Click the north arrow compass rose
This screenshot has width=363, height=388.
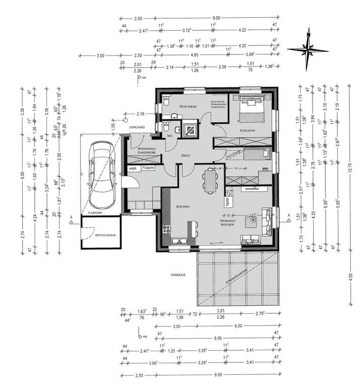coord(308,49)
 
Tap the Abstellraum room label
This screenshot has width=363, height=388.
coord(104,235)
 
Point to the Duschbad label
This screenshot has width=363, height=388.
coord(189,106)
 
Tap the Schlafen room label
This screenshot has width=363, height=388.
coord(247,131)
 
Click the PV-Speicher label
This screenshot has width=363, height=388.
coord(148,168)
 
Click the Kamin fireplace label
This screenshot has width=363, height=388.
coord(228,202)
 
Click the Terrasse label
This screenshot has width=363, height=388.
coord(177,275)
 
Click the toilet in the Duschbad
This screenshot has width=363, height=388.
coord(165,102)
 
